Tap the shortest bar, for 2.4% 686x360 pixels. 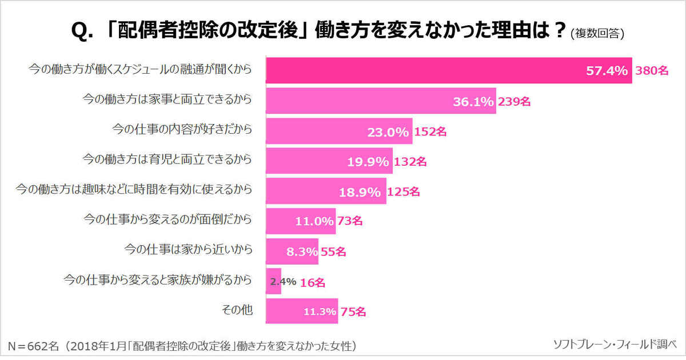pyautogui.click(x=273, y=281)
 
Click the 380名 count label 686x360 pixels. pyautogui.click(x=652, y=71)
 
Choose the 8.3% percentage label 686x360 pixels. pyautogui.click(x=302, y=251)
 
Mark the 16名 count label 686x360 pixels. pyautogui.click(x=313, y=282)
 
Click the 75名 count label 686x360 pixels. pyautogui.click(x=353, y=312)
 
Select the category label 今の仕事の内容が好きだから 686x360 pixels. pyautogui.click(x=181, y=130)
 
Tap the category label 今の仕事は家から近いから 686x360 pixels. pyautogui.click(x=188, y=249)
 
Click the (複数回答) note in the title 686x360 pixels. pyautogui.click(x=597, y=33)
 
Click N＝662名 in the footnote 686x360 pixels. pyautogui.click(x=33, y=345)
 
